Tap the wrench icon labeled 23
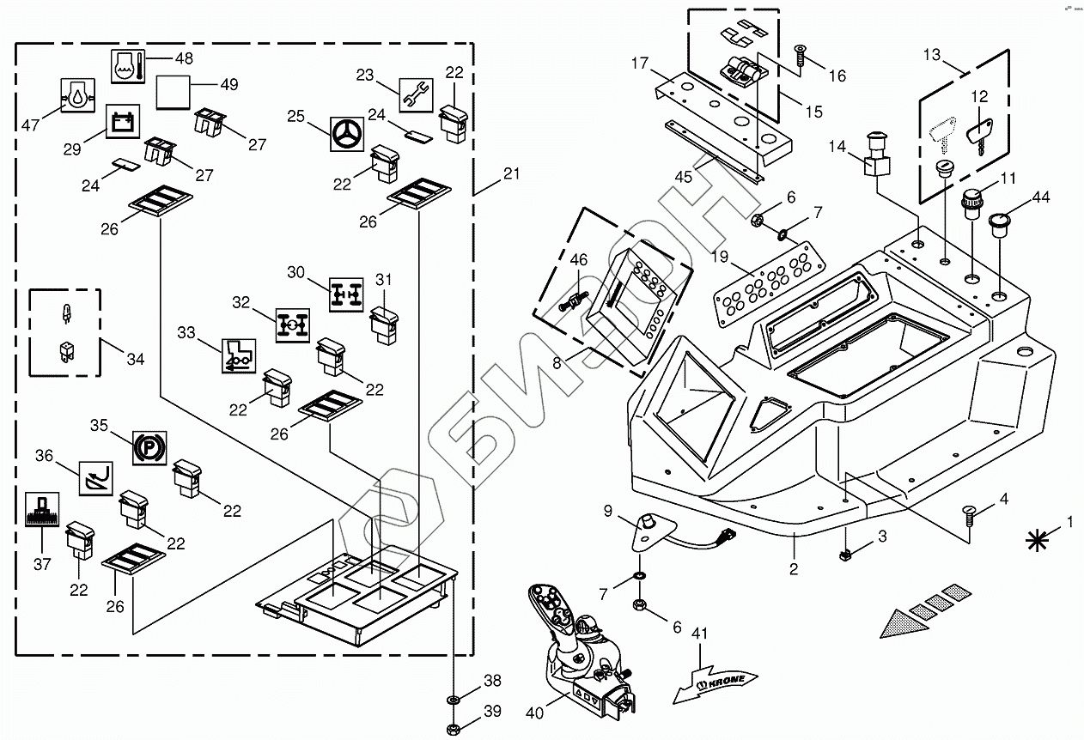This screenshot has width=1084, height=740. [416, 94]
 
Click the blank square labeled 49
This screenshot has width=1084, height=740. [172, 91]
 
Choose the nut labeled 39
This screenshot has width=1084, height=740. [453, 729]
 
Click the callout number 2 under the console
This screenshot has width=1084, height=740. [795, 567]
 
